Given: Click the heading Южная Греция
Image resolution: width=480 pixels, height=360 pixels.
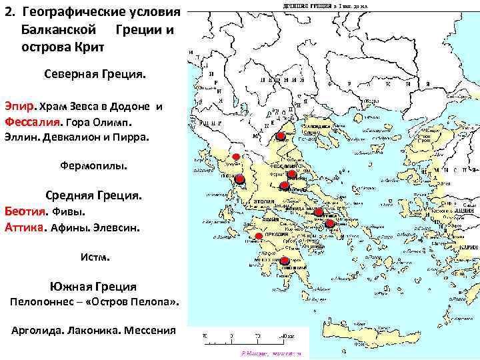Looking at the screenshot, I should point(93,287).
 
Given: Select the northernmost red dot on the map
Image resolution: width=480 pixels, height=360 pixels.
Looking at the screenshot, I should point(280,137).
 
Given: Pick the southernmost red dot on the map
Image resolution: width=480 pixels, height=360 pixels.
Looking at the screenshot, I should point(285,260).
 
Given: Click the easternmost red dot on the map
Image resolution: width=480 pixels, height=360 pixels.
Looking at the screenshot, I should point(329,223).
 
